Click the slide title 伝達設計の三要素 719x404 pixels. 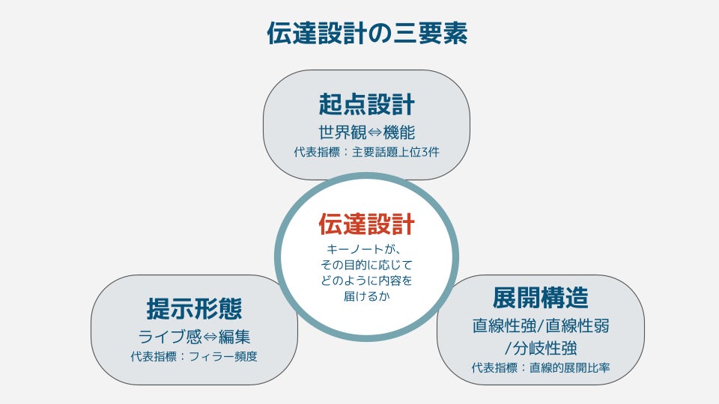coord(367,34)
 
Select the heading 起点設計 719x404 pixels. coord(366,103)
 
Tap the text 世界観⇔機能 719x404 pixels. coord(366,132)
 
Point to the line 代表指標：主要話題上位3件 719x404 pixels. coord(366,153)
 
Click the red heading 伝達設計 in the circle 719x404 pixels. coord(366,224)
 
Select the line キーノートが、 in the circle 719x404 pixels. coord(366,249)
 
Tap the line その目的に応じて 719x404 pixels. coord(366,265)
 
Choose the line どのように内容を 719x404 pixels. coord(366,281)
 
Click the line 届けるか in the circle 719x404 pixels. coord(366,296)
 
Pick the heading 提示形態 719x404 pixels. coord(194,308)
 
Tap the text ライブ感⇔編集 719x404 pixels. coord(194,337)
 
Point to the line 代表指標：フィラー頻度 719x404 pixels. coord(194,357)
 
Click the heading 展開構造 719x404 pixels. coord(540,297)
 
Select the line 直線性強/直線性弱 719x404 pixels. coord(540,326)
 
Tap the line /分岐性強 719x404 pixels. coord(540,347)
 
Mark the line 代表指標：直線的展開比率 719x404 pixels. coord(540,368)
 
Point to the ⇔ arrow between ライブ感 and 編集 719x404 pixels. coord(205,337)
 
